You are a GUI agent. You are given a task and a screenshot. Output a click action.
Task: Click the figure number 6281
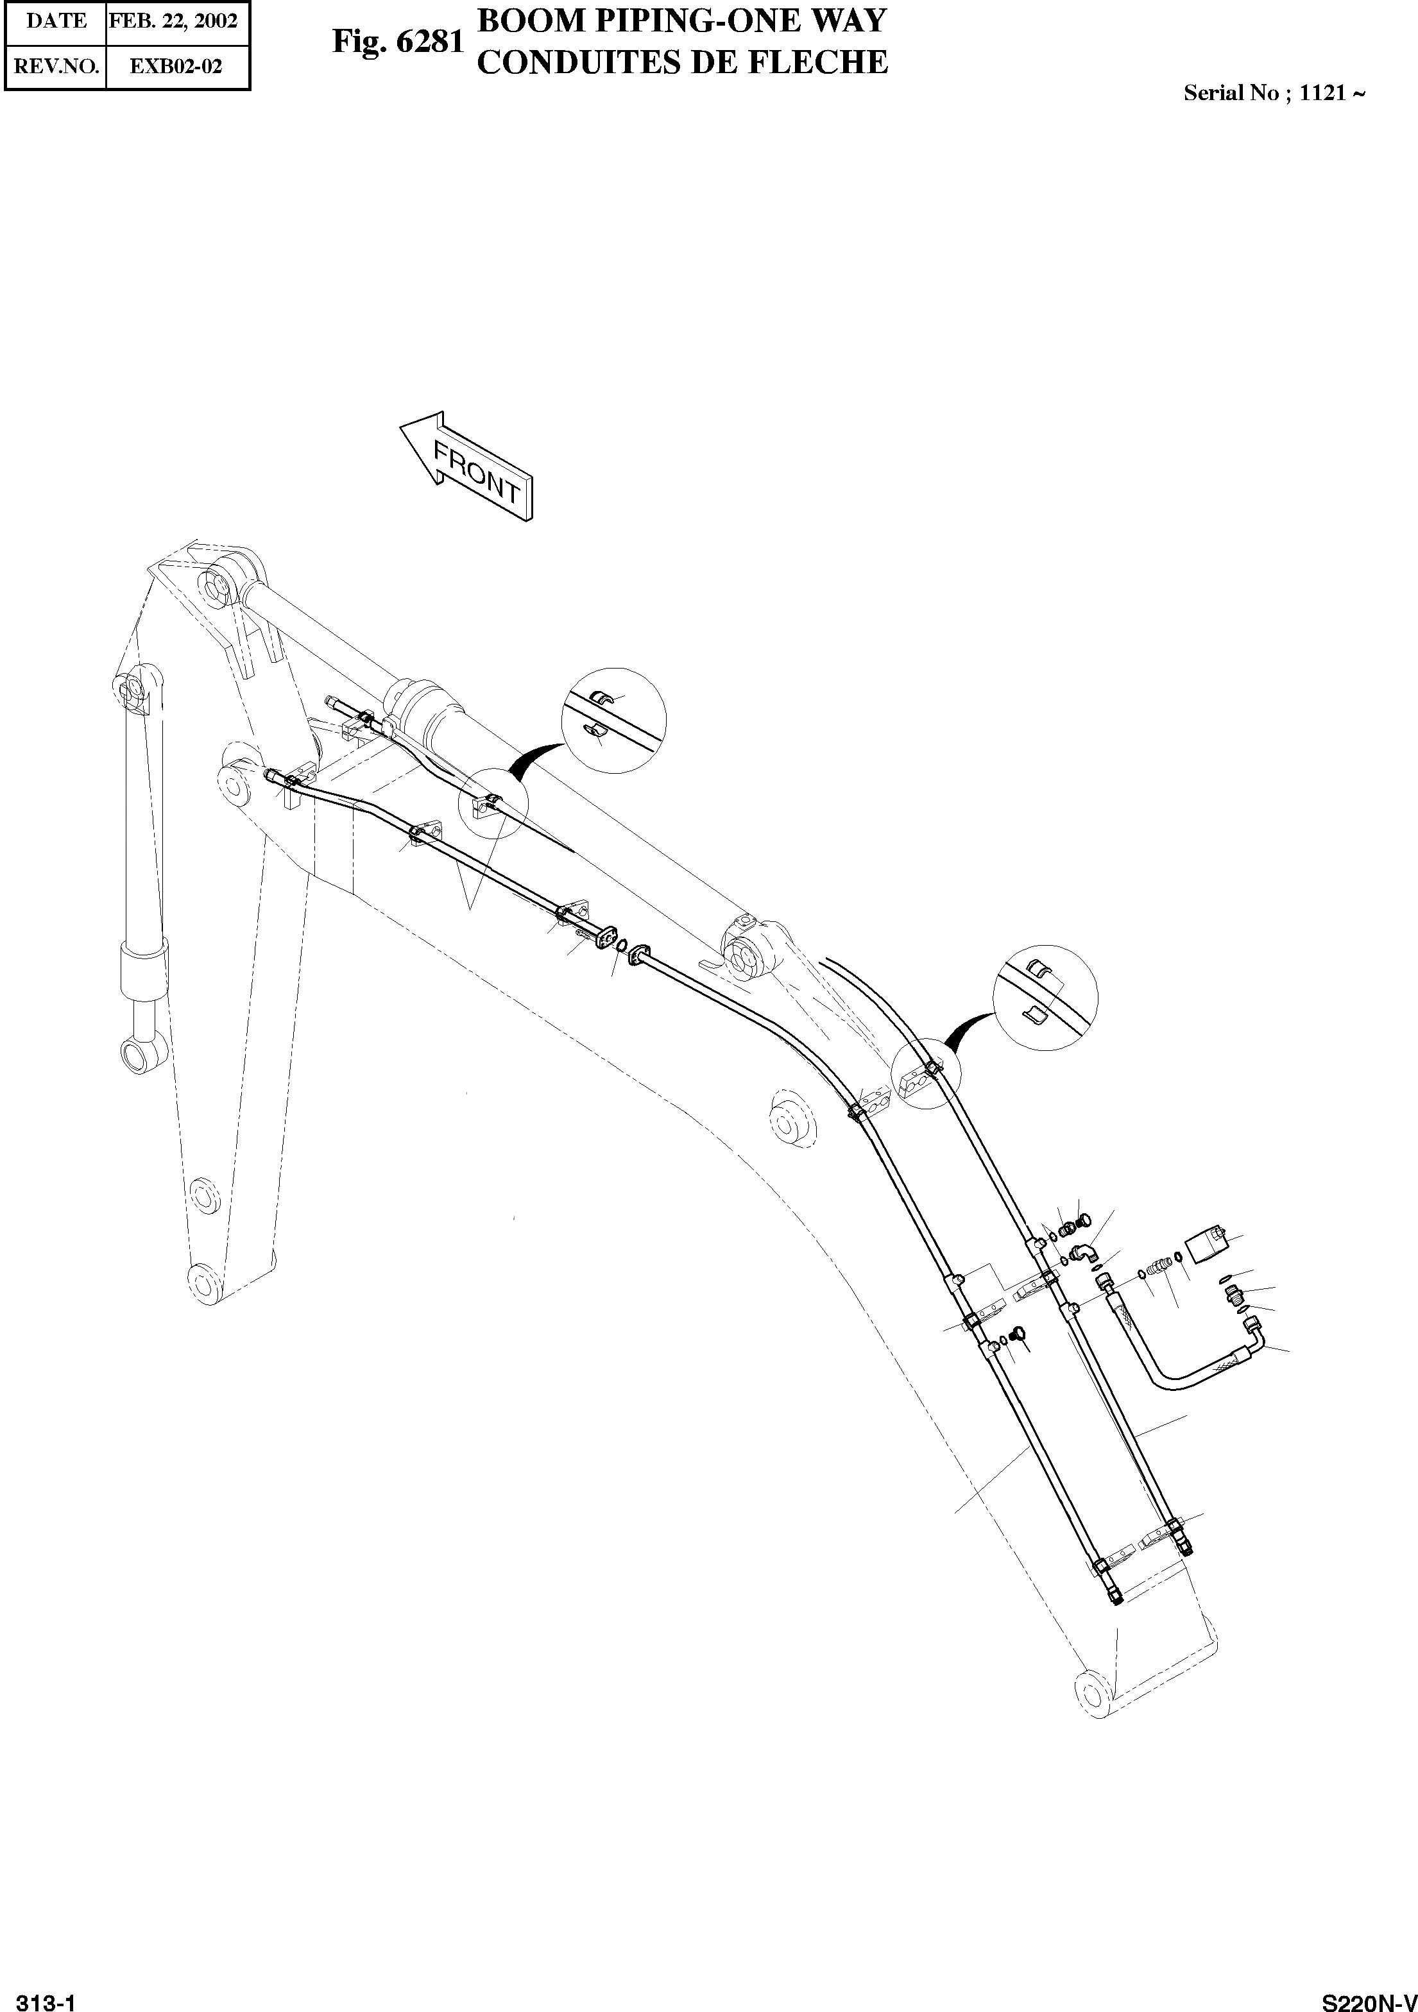(429, 41)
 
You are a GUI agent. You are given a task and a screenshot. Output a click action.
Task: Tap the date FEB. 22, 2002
(173, 21)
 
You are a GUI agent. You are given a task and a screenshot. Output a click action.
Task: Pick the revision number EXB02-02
(176, 67)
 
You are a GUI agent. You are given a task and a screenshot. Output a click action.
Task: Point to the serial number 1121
(1322, 94)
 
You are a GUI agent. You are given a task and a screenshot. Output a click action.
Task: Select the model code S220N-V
(1369, 1997)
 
